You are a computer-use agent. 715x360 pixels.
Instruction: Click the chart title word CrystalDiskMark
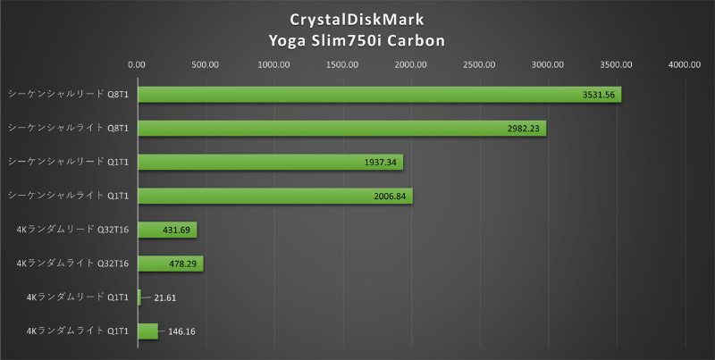click(x=357, y=20)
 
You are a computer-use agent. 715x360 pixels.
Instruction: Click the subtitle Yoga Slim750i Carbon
click(x=357, y=40)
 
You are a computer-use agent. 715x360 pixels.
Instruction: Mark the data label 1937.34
click(x=381, y=162)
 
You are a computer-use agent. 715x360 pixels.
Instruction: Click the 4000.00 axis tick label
click(x=684, y=64)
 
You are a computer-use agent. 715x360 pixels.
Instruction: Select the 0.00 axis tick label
click(x=137, y=64)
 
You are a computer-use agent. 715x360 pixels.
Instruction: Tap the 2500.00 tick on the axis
click(x=479, y=64)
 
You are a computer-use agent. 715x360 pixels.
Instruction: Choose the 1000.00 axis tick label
click(x=273, y=64)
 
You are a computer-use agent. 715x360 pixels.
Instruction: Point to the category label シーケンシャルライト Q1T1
click(x=68, y=195)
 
